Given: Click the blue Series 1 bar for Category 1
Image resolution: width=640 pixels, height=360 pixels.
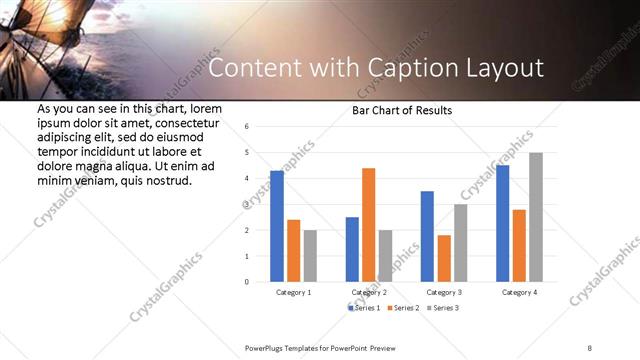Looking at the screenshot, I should coord(277,226).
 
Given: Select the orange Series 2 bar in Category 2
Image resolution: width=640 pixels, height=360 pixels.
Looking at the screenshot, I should coord(368,225).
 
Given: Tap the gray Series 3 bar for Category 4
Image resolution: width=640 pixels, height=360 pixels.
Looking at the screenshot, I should coord(535,217).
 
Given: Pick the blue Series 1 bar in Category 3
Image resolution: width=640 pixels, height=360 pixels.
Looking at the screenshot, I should coord(427,236).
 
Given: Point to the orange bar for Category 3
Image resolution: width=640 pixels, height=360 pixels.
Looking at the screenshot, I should coord(443,258).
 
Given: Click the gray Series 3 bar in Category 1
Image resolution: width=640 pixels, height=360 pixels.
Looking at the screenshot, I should coord(310,256).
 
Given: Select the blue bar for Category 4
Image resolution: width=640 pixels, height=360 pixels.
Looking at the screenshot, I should coord(502,223).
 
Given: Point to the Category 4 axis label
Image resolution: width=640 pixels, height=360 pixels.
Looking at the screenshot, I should coord(519,292).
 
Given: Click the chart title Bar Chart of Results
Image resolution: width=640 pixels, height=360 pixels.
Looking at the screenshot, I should coord(402,110).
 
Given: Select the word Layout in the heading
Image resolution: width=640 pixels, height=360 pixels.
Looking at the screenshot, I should coord(504,68).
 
